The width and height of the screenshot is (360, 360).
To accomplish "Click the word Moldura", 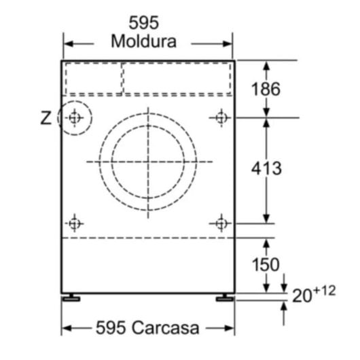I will point(143,41).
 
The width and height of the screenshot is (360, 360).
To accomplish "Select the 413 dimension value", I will point(266,168).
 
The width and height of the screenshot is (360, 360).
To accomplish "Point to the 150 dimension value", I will point(266,263).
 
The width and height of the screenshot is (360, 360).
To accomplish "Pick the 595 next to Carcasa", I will point(109,329).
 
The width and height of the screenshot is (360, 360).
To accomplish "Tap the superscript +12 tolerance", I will point(325,291).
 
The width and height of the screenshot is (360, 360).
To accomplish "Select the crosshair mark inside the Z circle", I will point(74,118).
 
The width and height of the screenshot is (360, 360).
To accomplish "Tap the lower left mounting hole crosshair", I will point(74,222).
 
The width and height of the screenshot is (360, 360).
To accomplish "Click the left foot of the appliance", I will point(70,298).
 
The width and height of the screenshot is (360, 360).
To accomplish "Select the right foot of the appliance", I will point(223,298).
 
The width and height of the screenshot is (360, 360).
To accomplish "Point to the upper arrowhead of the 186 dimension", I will point(266,66).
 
